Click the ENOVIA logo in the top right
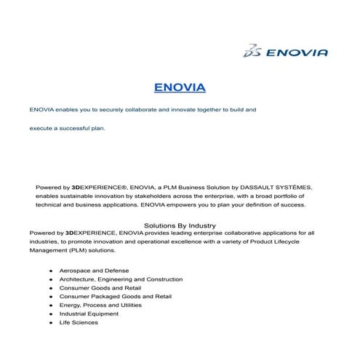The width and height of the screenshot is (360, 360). [286, 51]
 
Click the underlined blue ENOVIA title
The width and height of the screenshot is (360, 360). [180, 89]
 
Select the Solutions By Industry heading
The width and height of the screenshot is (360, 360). [180, 225]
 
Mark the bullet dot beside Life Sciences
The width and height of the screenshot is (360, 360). [50, 322]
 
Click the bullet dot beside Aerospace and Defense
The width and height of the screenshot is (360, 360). [50, 270]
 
